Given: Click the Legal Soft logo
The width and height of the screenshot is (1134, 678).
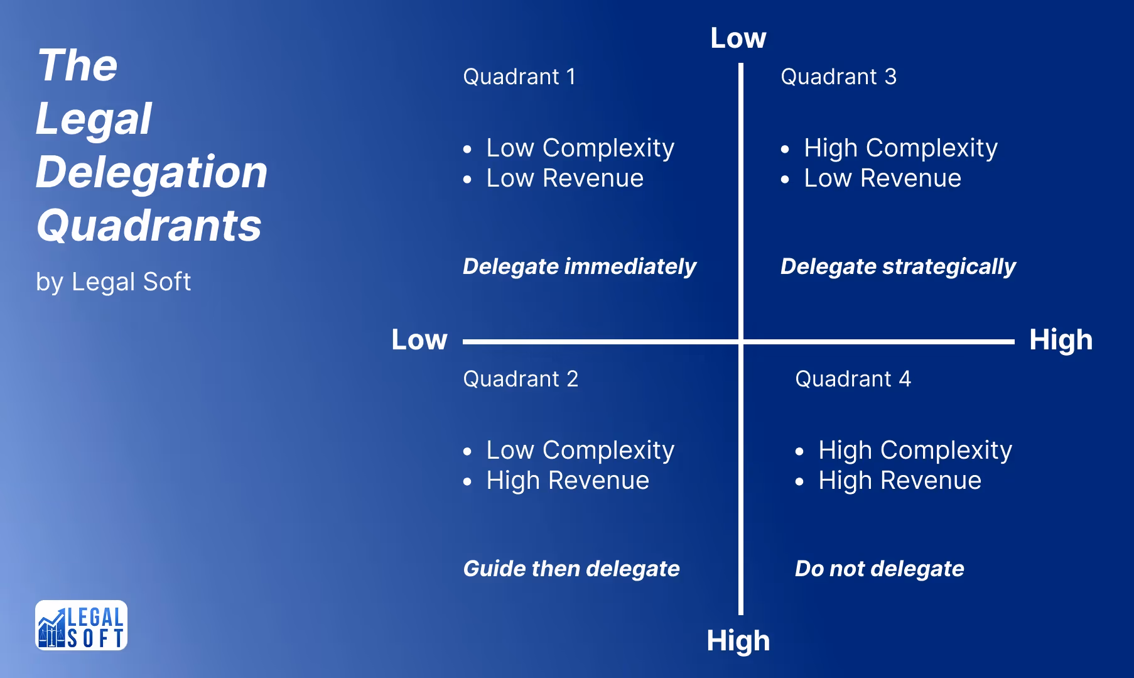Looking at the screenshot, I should coord(81,625).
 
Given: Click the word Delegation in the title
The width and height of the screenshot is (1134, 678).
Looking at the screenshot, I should coord(151,172).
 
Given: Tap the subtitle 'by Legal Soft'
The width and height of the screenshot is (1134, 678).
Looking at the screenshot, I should coord(113,282).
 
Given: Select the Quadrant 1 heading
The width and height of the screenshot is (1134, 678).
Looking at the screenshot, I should coord(519,77).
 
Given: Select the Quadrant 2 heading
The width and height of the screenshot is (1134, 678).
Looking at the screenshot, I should coord(520,379).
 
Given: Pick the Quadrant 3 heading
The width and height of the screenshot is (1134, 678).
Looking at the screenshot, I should coord(838,77).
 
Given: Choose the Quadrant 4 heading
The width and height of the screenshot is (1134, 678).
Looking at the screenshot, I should coord(852,379).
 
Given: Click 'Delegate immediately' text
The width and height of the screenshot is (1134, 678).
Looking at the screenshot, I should coord(579,266).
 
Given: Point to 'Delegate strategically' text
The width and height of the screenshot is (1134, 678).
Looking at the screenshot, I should coord(897,266).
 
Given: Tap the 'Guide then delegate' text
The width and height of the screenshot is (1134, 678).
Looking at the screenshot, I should coord(571,569).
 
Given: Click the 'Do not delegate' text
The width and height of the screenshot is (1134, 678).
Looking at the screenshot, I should coord(879,569).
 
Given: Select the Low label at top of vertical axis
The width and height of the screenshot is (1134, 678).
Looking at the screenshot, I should coord(738,38).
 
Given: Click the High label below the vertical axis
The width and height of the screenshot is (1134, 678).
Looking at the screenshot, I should coord(738,641).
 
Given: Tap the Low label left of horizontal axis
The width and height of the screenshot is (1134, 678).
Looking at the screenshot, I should coord(419,340).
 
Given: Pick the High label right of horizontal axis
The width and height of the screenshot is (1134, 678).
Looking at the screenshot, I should coord(1061,340).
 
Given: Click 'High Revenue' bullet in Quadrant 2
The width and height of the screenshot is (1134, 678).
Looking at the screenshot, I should coord(567,481).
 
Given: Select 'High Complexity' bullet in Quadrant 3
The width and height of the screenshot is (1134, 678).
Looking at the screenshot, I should coord(900,148).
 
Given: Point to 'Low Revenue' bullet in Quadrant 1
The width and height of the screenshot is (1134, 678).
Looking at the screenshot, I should coord(564,178).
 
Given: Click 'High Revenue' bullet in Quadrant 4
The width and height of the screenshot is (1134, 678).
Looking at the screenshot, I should coord(899,481).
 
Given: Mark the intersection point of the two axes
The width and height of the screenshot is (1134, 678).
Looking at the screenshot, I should coord(741,342).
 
